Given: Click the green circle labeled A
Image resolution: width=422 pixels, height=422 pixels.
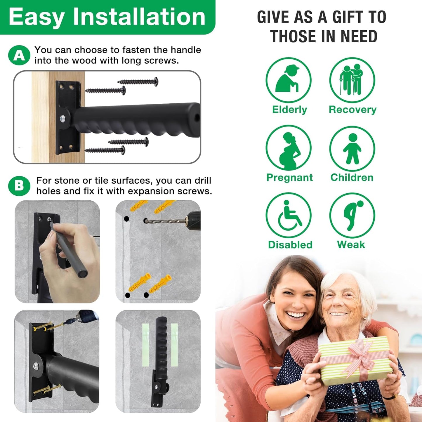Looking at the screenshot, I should coord(19,55).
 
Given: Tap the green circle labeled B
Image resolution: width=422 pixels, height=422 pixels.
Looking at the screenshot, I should coord(19,186).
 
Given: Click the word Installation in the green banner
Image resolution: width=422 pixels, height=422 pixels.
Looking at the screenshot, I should coord(139,17).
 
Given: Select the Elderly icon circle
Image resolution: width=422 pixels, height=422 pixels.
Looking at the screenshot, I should coord(288,80).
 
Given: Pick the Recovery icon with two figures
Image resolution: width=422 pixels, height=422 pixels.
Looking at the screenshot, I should coord(352,80).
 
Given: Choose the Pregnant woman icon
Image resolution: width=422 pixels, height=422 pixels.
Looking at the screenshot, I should coord(288,148).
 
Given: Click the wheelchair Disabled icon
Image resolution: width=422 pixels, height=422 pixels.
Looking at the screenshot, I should coord(288,216).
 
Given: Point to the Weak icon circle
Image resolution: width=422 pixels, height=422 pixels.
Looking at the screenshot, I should coord(352,216).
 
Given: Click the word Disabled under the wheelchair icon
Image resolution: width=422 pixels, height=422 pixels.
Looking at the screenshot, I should coord(290,245).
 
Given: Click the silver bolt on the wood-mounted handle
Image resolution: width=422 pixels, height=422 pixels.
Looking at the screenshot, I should coord(62,119).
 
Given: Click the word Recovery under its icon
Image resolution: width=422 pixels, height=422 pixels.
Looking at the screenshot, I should coord(352,110).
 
